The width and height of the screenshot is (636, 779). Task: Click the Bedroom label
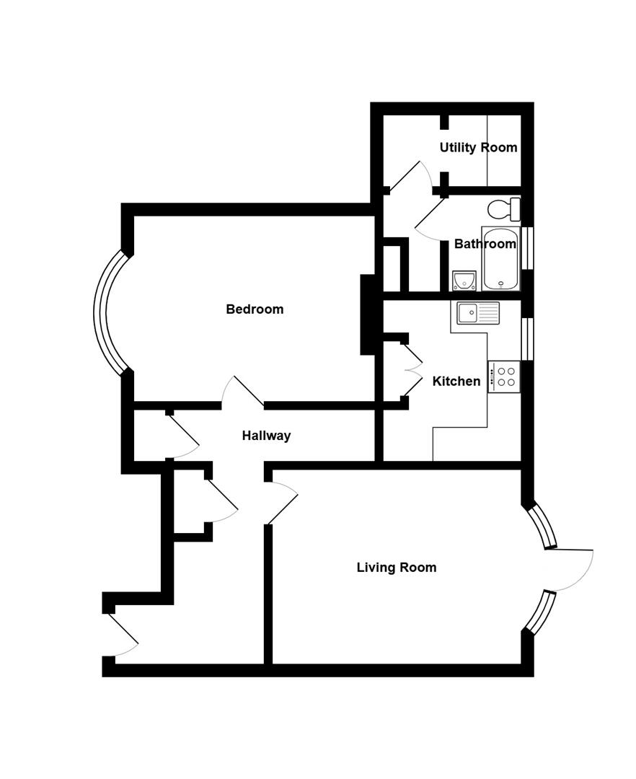(x=255, y=309)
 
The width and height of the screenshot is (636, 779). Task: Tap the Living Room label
(x=396, y=568)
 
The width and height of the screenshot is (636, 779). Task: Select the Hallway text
(x=266, y=436)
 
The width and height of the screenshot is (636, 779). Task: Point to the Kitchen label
(x=456, y=382)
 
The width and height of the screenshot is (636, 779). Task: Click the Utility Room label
(x=478, y=148)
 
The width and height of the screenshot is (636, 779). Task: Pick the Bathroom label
(x=485, y=244)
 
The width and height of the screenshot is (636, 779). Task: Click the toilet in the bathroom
(x=504, y=209)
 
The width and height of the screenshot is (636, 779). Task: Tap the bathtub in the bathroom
(x=500, y=259)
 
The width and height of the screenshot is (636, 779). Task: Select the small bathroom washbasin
(x=464, y=280)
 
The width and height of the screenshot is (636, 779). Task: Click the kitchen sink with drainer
(x=477, y=313)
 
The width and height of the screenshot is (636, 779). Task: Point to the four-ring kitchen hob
(x=504, y=377)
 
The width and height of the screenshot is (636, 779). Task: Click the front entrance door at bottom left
(x=123, y=635)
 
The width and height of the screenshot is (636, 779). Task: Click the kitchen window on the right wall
(x=527, y=338)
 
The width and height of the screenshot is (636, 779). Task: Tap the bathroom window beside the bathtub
(x=527, y=248)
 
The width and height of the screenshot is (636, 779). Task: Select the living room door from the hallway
(x=283, y=504)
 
